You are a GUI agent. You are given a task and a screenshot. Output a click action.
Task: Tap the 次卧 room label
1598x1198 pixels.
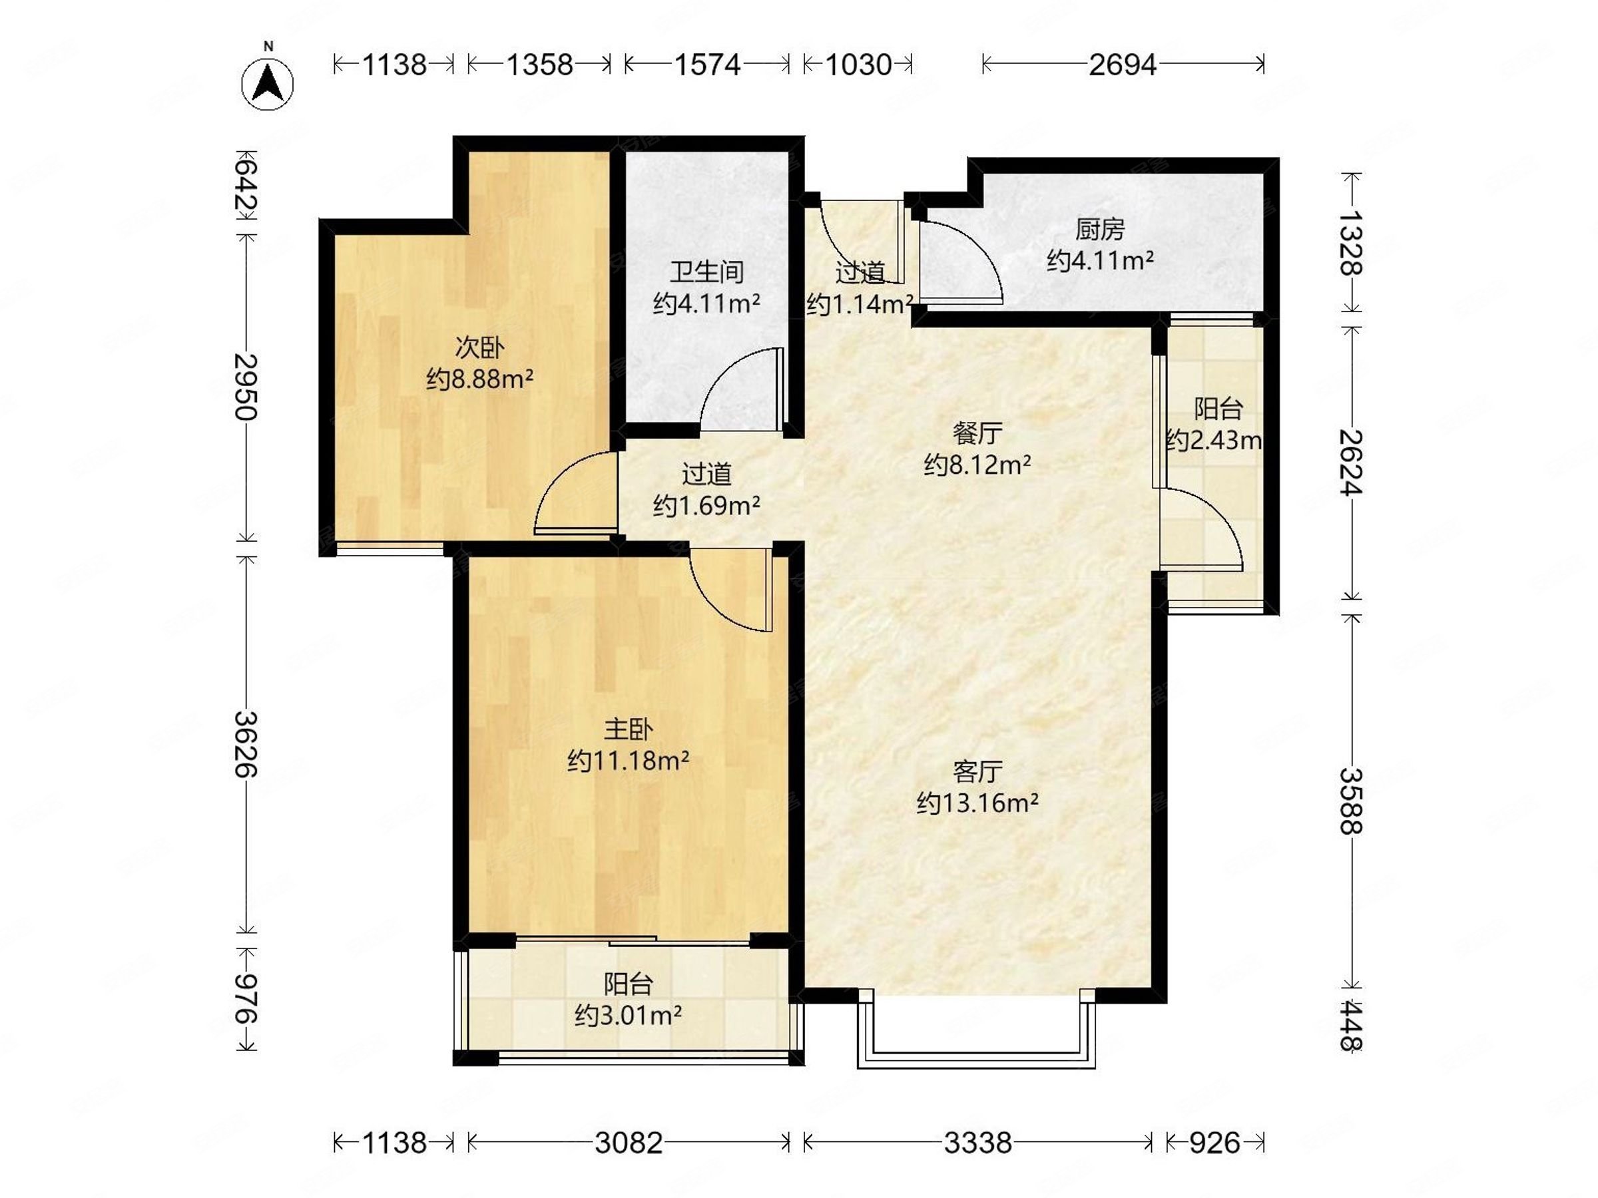(x=479, y=348)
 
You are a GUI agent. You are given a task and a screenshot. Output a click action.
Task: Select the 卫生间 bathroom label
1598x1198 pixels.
(x=706, y=272)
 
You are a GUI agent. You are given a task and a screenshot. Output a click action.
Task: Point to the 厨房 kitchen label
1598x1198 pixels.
(x=1099, y=230)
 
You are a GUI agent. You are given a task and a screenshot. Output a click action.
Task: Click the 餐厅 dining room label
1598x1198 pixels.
(x=977, y=433)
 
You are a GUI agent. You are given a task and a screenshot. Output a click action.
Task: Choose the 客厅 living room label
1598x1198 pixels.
(x=977, y=772)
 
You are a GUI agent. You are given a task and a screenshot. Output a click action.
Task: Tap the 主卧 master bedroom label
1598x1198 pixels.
(x=628, y=729)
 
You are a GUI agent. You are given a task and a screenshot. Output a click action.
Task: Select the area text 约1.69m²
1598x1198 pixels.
(x=706, y=505)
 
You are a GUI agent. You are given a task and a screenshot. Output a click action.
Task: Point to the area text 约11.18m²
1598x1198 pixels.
(x=628, y=760)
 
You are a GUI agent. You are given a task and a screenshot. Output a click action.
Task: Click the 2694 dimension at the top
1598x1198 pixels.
(x=1123, y=65)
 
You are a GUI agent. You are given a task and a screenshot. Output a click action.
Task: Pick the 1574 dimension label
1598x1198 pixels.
(x=707, y=65)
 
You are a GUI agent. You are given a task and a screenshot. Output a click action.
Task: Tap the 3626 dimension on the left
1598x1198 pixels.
(x=246, y=745)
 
